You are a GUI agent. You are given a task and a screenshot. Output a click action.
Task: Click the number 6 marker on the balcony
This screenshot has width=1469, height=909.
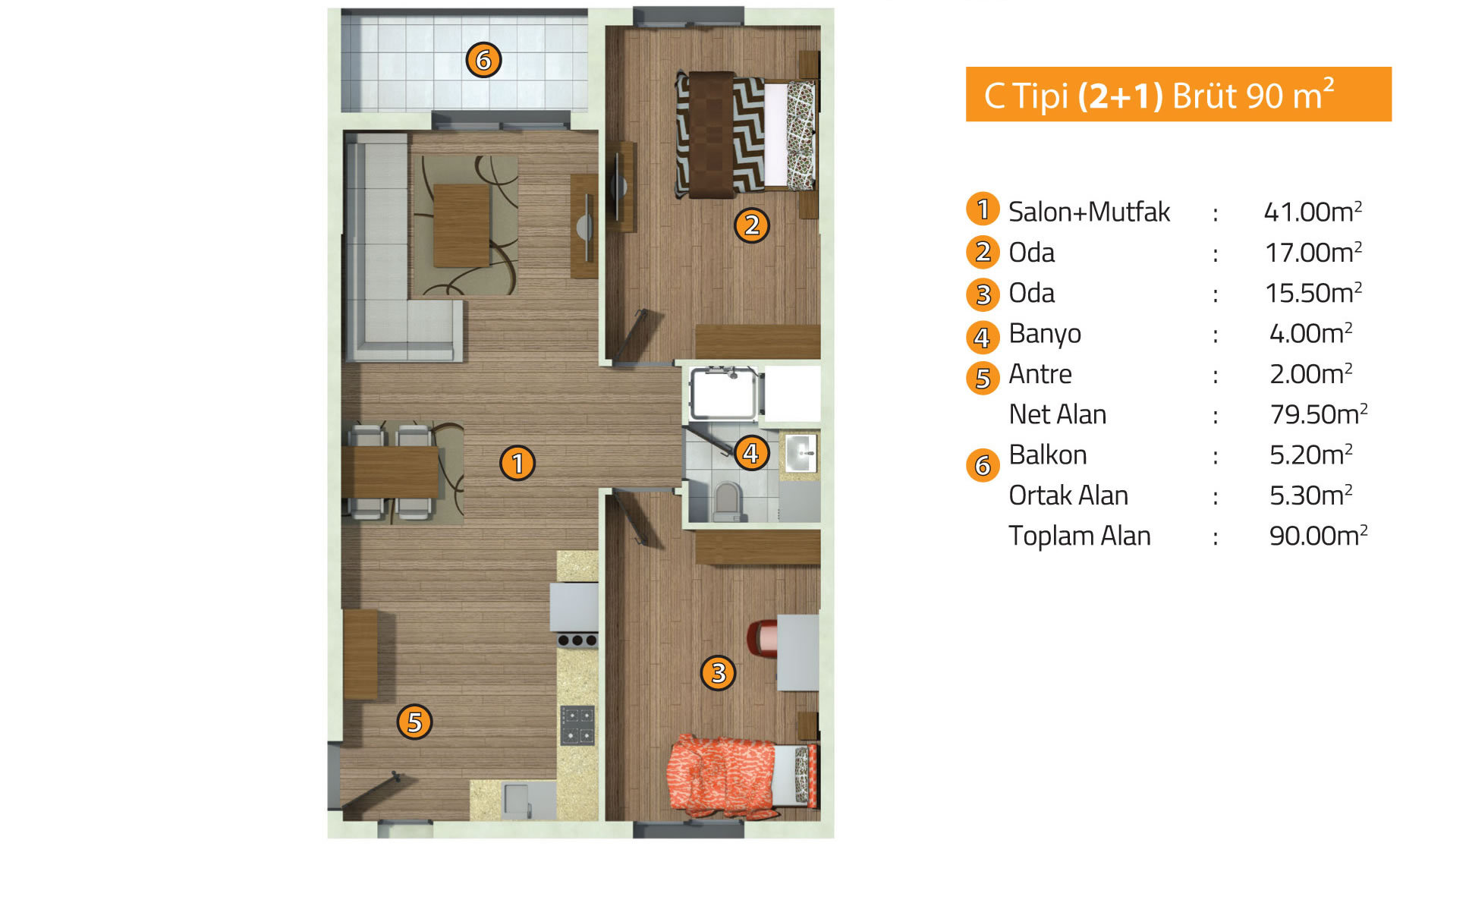(483, 60)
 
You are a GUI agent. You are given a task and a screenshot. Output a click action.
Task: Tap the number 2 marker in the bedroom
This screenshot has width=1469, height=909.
(751, 225)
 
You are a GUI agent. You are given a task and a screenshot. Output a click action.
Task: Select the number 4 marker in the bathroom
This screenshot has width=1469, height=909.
(751, 453)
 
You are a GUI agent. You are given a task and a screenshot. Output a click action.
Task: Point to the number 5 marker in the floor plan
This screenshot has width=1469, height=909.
(414, 722)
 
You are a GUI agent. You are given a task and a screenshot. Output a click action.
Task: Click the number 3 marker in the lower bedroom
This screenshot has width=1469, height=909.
(718, 672)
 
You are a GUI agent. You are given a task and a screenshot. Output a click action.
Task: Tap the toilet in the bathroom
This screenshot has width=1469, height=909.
(728, 502)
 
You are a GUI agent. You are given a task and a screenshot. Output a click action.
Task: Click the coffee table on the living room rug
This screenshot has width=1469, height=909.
(461, 225)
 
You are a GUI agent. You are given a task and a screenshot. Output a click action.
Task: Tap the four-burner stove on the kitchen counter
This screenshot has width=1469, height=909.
(577, 725)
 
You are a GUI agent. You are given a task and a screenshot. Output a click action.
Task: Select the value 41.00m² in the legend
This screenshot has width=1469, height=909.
(1313, 211)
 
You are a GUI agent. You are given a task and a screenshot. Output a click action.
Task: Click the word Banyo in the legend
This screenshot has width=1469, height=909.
(1045, 333)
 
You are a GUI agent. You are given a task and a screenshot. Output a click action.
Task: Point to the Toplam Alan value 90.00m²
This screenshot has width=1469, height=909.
(1318, 535)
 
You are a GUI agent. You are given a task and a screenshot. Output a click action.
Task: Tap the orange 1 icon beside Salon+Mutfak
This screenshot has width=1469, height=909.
(983, 209)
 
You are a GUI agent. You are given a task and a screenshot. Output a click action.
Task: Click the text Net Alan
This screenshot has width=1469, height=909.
(1058, 414)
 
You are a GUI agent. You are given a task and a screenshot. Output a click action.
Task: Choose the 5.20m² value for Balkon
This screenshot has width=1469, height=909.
(1311, 454)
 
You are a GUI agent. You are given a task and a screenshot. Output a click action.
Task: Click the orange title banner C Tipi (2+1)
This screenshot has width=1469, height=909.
(1178, 94)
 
